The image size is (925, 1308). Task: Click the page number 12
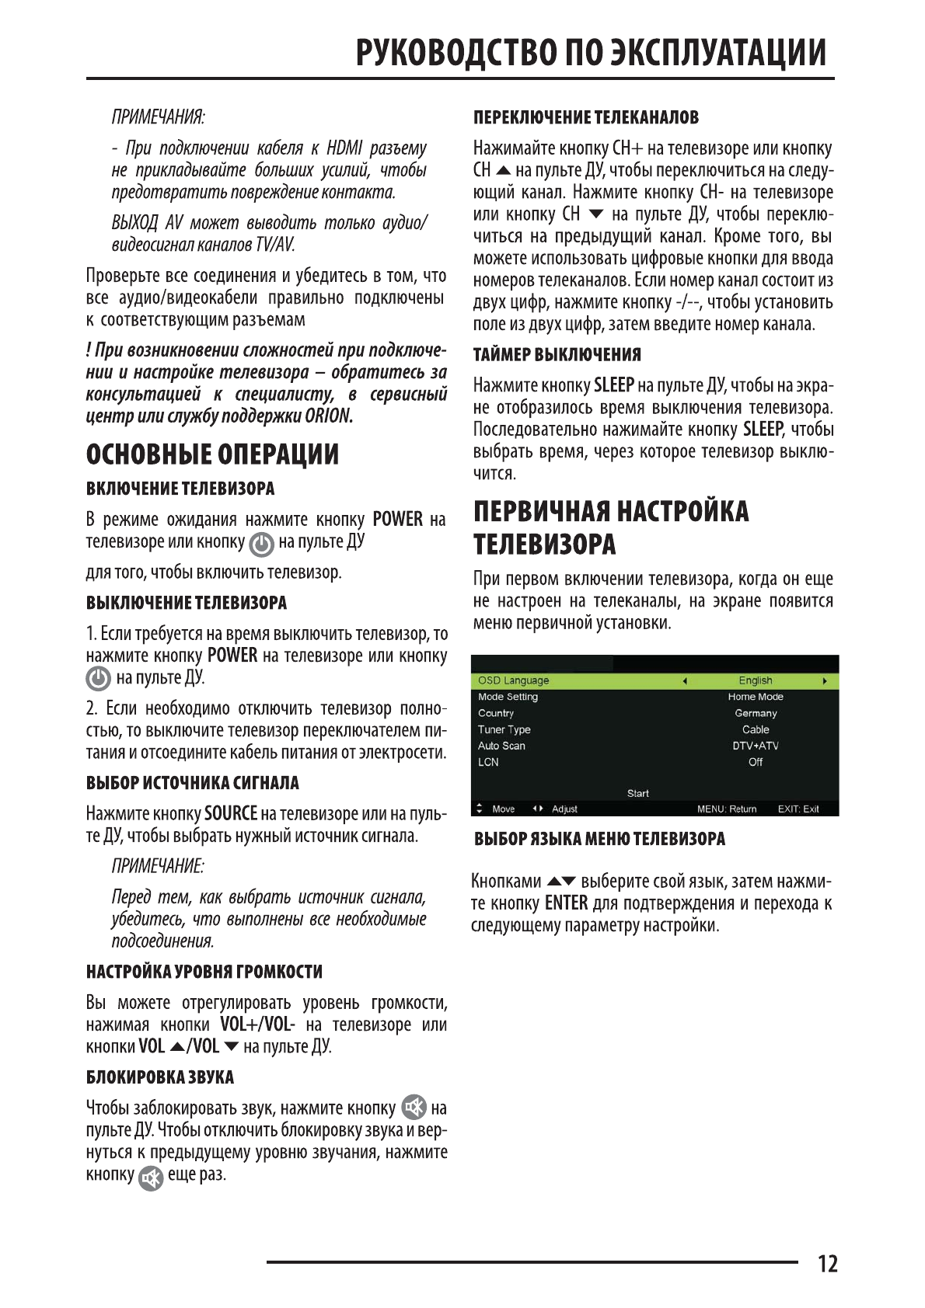(827, 1264)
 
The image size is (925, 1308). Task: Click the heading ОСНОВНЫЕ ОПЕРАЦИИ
(212, 454)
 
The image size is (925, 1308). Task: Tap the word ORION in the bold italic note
(328, 416)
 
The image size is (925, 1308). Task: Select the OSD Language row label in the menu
(513, 680)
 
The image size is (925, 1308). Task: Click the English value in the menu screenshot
(755, 680)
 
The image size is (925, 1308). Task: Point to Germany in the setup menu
(755, 713)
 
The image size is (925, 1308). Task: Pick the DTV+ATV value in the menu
(755, 746)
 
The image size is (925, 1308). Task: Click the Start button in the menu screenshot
(637, 793)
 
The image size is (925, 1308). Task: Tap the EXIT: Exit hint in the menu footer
(798, 809)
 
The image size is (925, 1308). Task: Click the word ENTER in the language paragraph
(566, 903)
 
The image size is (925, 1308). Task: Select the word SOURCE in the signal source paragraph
(230, 814)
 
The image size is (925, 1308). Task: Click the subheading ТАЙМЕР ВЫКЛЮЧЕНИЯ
(557, 355)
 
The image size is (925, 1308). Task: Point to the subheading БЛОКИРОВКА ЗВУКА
(159, 1077)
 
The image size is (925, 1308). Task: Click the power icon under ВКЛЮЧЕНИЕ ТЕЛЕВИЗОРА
(261, 544)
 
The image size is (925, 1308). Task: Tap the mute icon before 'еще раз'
(151, 1178)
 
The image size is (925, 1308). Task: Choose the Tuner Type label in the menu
(504, 729)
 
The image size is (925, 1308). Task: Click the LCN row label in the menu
(488, 762)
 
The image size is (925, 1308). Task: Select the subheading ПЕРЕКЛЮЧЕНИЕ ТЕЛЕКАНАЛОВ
(585, 118)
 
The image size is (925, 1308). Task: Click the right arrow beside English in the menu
(824, 681)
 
